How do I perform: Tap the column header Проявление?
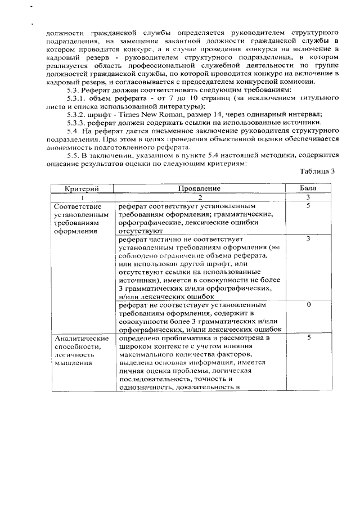[x=199, y=189]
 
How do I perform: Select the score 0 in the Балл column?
[x=309, y=304]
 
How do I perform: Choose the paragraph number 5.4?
[x=73, y=130]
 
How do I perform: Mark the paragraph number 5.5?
[x=73, y=155]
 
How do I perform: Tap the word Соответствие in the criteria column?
[x=78, y=206]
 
